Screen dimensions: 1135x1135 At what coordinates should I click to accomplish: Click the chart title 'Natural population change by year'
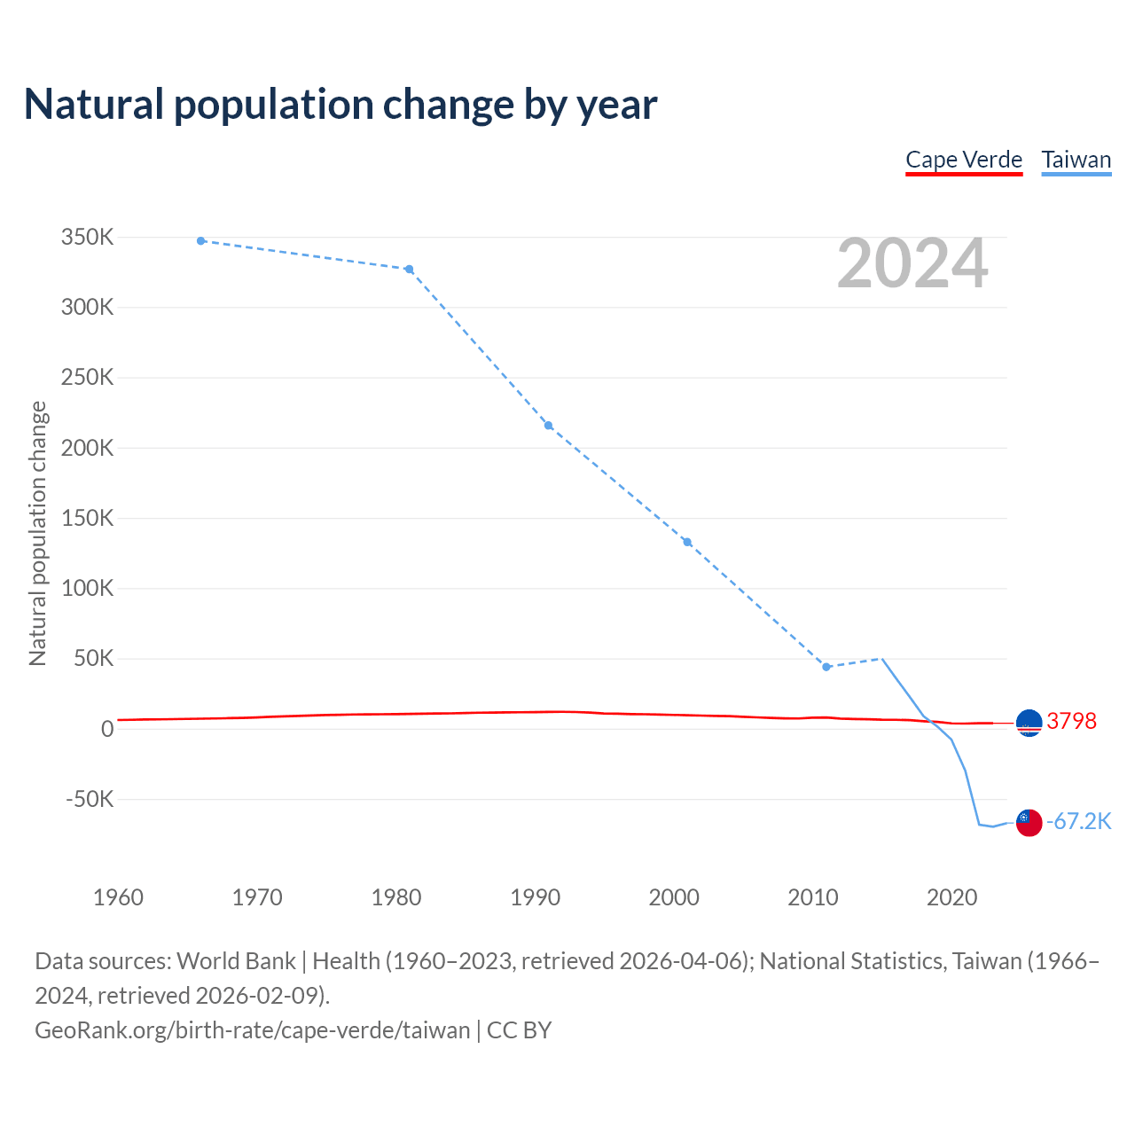click(340, 105)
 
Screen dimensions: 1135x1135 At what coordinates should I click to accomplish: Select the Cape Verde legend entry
click(964, 160)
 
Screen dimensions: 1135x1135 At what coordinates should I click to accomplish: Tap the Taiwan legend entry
click(1076, 160)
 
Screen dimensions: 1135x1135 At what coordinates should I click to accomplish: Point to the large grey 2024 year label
click(912, 263)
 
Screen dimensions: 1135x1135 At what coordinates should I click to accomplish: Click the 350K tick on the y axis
click(88, 238)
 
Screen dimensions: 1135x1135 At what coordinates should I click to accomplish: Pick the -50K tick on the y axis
click(90, 799)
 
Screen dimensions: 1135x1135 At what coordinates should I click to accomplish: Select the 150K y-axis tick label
click(88, 518)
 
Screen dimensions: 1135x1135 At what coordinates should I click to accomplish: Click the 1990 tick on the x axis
click(535, 897)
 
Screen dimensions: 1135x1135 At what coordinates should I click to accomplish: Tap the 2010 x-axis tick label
click(813, 897)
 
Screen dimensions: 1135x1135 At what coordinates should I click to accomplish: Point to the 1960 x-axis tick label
click(118, 897)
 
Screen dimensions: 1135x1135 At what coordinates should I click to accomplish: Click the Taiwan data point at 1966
click(201, 241)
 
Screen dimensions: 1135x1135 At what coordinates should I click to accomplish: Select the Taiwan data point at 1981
click(409, 270)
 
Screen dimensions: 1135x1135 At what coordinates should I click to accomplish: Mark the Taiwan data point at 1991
click(548, 426)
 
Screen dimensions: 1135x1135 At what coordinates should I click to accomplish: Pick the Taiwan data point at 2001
click(687, 542)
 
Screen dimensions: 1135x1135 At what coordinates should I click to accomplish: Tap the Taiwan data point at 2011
click(826, 667)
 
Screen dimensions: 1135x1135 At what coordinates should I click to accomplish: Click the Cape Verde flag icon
click(1029, 724)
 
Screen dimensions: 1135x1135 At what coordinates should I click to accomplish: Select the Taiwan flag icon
click(1029, 823)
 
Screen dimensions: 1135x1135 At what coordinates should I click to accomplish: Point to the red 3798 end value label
click(1071, 721)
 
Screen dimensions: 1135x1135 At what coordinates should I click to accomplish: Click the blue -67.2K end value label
click(1078, 821)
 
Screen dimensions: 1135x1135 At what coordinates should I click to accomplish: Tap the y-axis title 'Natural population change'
click(38, 533)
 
